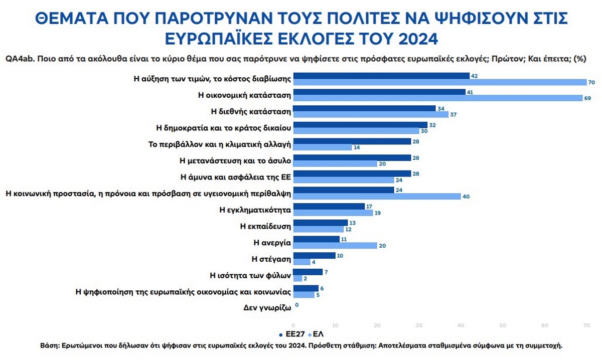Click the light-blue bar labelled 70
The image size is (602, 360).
(439, 82)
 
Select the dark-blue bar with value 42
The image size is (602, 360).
(381, 76)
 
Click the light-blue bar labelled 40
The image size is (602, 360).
(377, 197)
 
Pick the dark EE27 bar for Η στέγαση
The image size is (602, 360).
(315, 256)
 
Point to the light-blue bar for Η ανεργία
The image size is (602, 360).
(335, 246)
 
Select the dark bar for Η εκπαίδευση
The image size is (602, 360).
(321, 223)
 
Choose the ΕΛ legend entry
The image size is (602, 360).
(319, 333)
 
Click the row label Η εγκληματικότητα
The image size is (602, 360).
(255, 210)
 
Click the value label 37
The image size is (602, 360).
(453, 114)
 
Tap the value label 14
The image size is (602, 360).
(357, 147)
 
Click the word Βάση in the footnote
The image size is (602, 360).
(50, 346)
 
